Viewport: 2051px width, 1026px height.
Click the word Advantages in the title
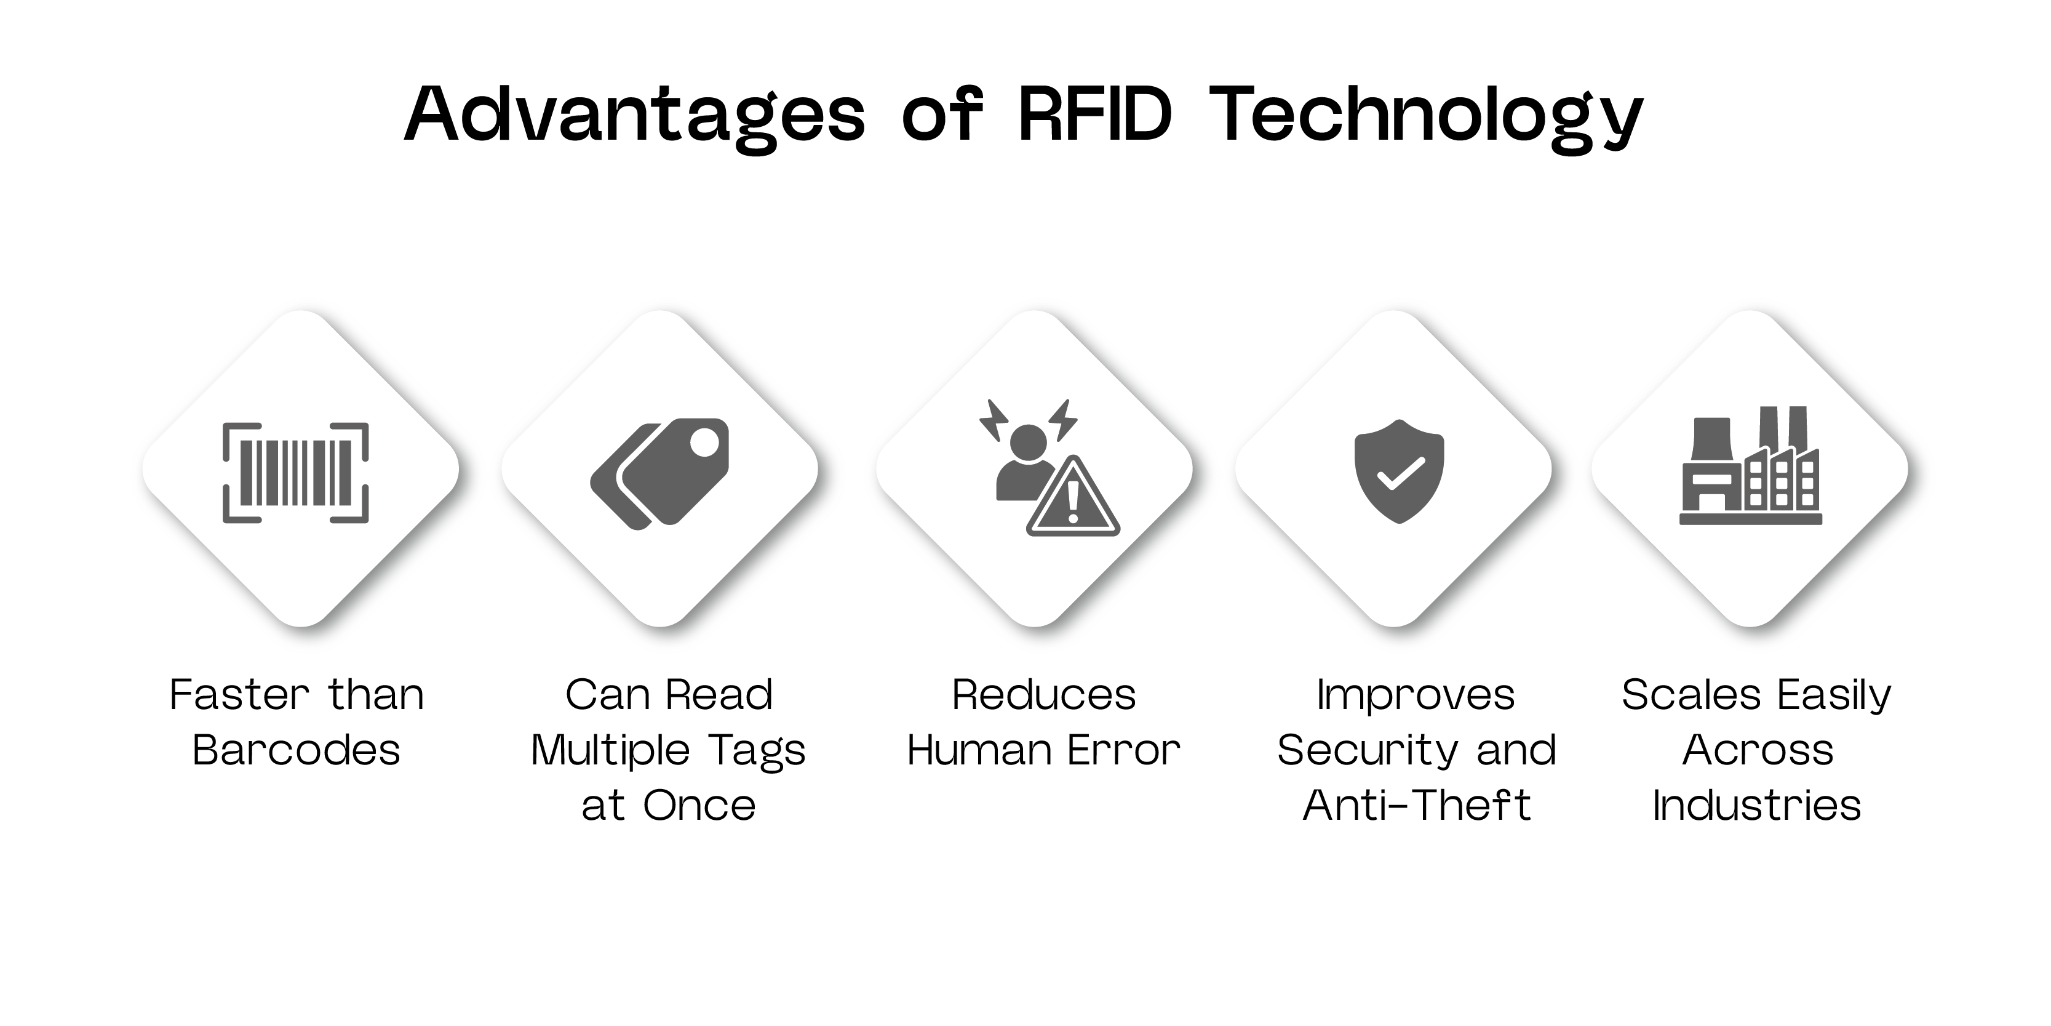pyautogui.click(x=634, y=116)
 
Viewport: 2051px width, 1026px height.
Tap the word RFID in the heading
pyautogui.click(x=1095, y=116)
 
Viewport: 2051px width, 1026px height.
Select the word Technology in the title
pyautogui.click(x=1425, y=116)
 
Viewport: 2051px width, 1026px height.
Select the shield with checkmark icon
pyautogui.click(x=1399, y=471)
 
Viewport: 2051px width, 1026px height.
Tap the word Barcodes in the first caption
pyautogui.click(x=296, y=750)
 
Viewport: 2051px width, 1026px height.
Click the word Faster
pyautogui.click(x=239, y=695)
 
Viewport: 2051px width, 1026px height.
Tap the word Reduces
pyautogui.click(x=1044, y=695)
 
